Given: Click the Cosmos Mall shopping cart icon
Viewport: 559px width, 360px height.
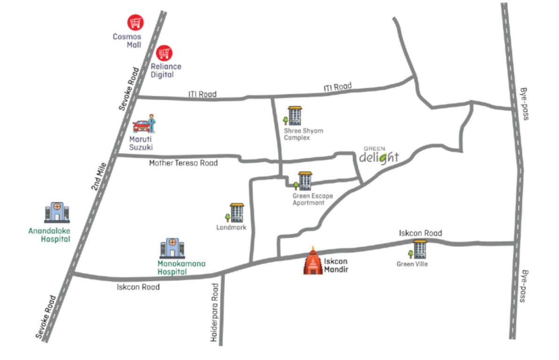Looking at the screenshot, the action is point(136,22).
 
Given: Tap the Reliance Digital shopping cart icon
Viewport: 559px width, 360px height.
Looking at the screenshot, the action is point(164,53).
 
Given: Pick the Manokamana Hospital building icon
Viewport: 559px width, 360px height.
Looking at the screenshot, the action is point(172,247).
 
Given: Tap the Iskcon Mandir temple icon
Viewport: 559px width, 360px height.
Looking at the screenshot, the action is point(313,261).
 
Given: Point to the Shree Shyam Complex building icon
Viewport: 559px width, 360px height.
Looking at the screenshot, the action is point(295,116).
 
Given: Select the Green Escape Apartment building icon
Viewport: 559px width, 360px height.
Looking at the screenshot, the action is point(305,181).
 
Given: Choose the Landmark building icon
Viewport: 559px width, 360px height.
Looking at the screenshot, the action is point(236,213).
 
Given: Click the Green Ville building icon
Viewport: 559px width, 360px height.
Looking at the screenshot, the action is point(419,249).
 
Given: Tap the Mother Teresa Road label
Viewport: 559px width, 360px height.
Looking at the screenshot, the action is point(183,163).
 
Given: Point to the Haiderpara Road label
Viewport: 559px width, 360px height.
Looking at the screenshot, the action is point(215,313).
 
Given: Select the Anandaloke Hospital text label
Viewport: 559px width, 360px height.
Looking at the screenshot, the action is point(49,235).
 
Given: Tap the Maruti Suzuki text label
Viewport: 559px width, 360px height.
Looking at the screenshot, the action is point(141,143).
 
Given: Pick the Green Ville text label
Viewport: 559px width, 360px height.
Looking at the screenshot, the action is point(412,264).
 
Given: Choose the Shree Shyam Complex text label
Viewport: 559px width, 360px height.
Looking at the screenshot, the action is point(303,134).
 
